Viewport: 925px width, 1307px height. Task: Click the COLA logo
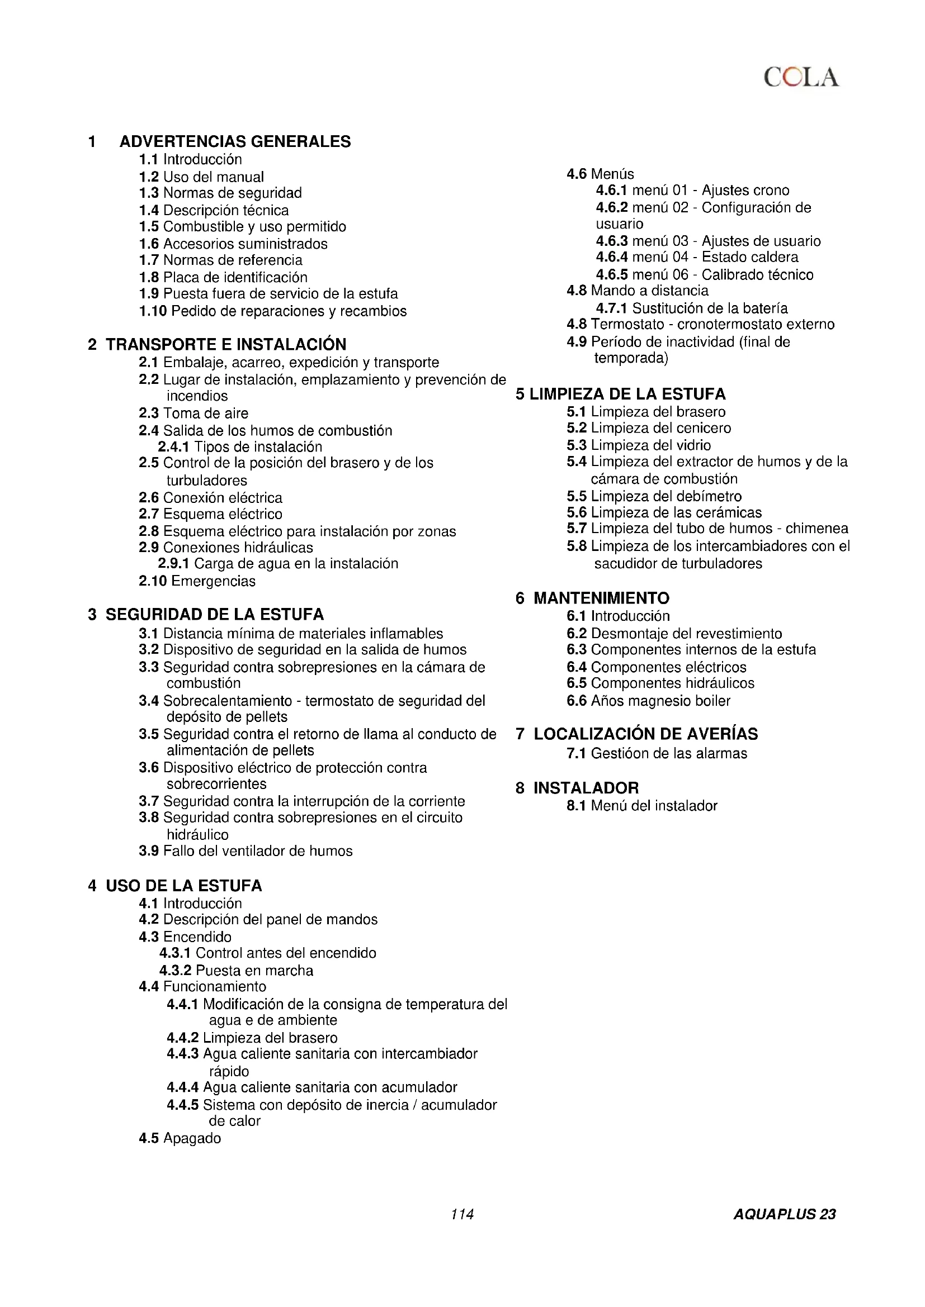point(800,78)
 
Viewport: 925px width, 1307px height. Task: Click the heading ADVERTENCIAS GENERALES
point(235,141)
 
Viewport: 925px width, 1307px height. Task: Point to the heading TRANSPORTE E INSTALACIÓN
point(225,344)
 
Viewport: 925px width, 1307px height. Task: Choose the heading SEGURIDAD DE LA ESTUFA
point(214,615)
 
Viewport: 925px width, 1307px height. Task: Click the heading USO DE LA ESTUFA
point(183,886)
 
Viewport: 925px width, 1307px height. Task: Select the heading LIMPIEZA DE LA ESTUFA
point(627,394)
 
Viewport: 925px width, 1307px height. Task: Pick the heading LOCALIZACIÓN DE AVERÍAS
point(645,734)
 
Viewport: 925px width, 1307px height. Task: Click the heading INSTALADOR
point(586,788)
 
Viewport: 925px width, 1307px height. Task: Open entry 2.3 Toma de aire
point(194,414)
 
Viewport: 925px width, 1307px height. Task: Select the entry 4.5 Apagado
point(180,1138)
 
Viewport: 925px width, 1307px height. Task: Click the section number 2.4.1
point(173,447)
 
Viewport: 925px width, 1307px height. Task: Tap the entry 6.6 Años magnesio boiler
point(648,701)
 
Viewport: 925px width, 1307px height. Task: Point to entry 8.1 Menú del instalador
point(642,806)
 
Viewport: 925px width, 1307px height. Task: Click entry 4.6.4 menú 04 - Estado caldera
point(697,257)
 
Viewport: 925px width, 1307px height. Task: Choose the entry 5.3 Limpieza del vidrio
point(639,445)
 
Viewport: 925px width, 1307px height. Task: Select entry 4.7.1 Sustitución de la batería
point(691,308)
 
